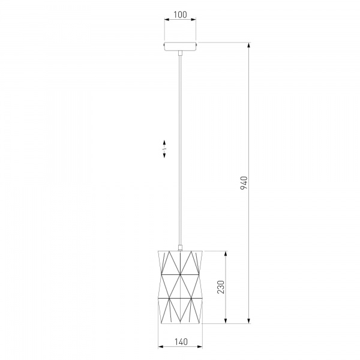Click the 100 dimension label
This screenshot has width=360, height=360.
pos(180,14)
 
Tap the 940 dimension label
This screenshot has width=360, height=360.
pos(244,183)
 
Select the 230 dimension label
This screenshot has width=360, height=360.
pos(221,287)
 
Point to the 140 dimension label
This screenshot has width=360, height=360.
pos(181,342)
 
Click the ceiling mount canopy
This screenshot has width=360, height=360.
pos(180,46)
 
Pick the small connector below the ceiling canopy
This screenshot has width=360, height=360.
pos(180,53)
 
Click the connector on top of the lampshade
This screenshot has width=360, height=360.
pos(180,248)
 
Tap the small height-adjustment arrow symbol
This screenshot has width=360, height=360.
pos(164,149)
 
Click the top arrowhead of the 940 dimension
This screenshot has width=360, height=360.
pos(249,45)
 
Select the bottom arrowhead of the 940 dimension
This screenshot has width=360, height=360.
pos(249,321)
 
